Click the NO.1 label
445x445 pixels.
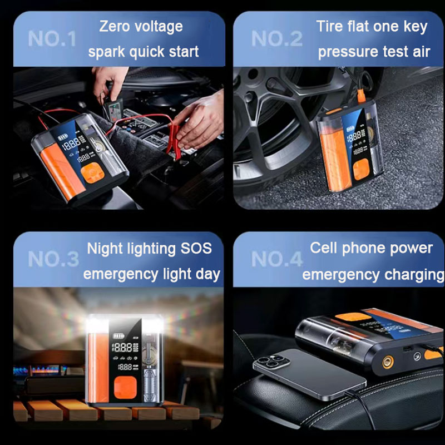pos(52,38)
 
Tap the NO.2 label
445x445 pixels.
pos(276,38)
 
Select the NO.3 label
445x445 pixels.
pos(53,259)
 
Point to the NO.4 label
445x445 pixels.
pos(276,259)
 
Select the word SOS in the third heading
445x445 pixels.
pos(196,248)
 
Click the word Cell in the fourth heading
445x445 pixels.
pos(324,248)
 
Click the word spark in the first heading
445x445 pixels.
pos(107,52)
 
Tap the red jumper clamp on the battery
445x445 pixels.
pos(174,141)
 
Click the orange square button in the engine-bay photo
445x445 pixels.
pos(92,173)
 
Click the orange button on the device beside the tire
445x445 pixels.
pos(361,170)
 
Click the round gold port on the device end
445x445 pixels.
pos(388,362)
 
